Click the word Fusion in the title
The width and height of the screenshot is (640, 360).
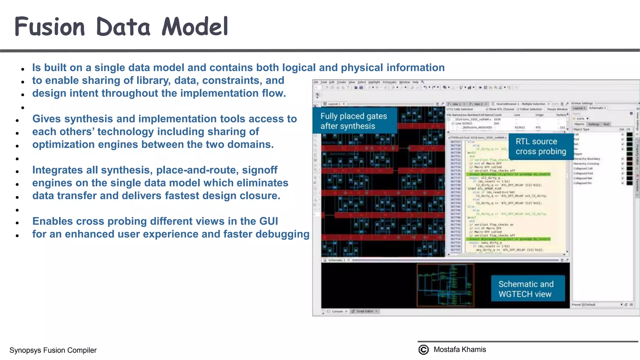coord(50,27)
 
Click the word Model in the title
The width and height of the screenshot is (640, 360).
coord(195,27)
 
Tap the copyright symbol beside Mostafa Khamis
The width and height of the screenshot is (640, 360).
coord(423,350)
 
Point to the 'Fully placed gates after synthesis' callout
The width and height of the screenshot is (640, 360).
coord(354,121)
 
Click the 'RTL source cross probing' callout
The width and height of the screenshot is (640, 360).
coord(541,147)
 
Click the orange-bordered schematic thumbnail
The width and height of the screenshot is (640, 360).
coord(446,285)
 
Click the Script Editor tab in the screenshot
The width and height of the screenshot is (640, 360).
coord(364,312)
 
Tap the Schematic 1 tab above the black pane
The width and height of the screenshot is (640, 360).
coord(337,260)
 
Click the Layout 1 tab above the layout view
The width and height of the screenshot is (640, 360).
coord(334,104)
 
